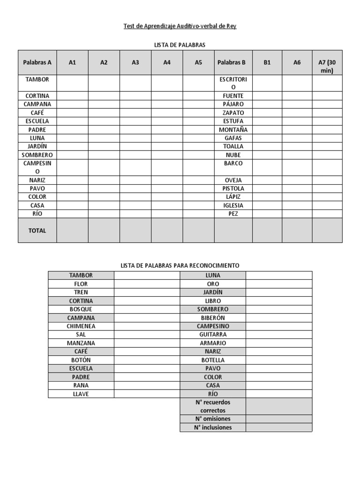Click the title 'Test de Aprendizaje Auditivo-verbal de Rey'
pos(180,26)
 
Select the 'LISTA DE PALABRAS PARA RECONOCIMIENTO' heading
pos(180,265)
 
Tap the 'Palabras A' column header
pos(37,62)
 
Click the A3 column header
pos(135,62)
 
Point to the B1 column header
pos(267,62)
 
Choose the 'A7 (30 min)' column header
pos(327,66)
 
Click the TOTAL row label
pos(37,231)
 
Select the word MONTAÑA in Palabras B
pos(233,130)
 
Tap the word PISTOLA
pos(233,188)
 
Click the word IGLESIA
pos(233,205)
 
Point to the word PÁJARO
pos(233,104)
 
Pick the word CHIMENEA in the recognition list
pos(81,326)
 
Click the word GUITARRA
pos(213,335)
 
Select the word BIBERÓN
pos(213,318)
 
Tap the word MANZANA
pos(81,343)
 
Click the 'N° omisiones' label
pos(213,419)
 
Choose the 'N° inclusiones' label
pos(213,427)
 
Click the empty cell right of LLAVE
pos(147,394)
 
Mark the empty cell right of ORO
pos(278,284)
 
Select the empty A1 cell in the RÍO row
pos(72,214)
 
